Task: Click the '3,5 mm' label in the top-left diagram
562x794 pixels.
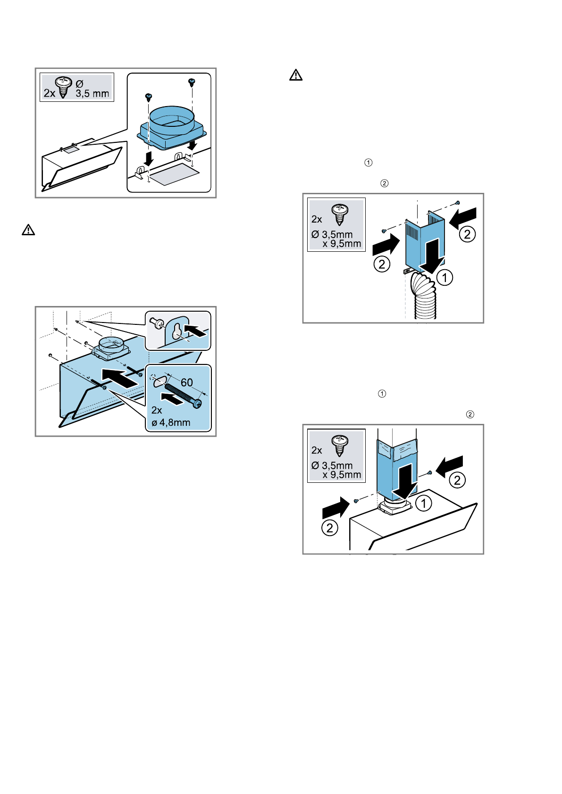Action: pos(92,93)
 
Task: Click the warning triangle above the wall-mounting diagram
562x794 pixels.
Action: pos(29,230)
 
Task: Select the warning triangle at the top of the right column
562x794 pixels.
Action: pos(296,75)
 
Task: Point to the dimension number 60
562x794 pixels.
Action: pos(187,382)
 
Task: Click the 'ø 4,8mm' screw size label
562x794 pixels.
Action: pos(171,423)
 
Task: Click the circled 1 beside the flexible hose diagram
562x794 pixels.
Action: pos(445,277)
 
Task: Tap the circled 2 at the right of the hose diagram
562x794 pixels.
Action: pos(467,234)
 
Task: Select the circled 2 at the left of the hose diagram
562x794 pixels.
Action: pos(382,264)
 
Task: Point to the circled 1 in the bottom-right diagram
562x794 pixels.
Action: pos(424,503)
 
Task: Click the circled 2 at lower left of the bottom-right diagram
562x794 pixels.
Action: pos(330,528)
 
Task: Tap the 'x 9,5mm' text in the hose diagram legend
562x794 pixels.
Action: pos(342,244)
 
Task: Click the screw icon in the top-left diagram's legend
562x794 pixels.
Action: pos(63,86)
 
